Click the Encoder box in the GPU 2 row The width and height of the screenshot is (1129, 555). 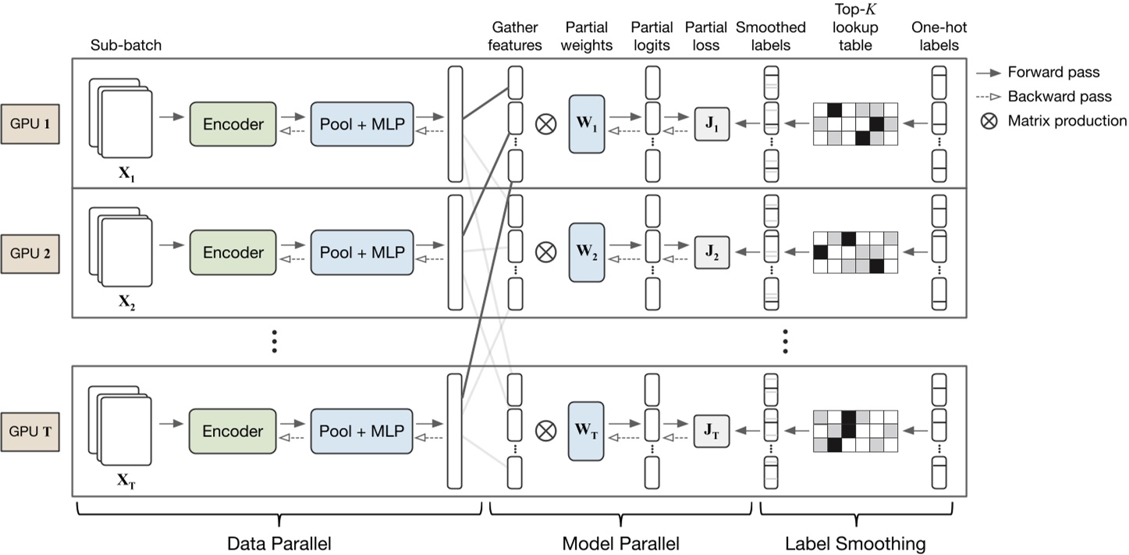(x=233, y=252)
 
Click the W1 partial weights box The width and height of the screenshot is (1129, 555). (x=587, y=123)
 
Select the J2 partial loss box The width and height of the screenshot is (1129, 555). (x=712, y=252)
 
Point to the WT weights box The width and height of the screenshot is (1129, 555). (x=587, y=431)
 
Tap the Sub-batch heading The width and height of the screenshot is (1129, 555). (x=126, y=45)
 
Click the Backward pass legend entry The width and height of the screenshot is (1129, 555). (x=1053, y=97)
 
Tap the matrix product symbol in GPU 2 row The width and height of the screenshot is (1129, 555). (x=546, y=252)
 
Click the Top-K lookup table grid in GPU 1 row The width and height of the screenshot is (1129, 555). (x=855, y=123)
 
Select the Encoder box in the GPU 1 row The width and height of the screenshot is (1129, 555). (x=233, y=123)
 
